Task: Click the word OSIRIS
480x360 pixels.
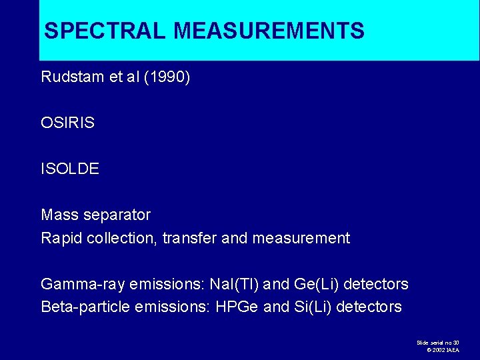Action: tap(67, 123)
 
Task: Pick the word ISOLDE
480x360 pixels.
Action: tap(70, 169)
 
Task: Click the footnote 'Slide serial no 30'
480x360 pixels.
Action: tap(438, 342)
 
